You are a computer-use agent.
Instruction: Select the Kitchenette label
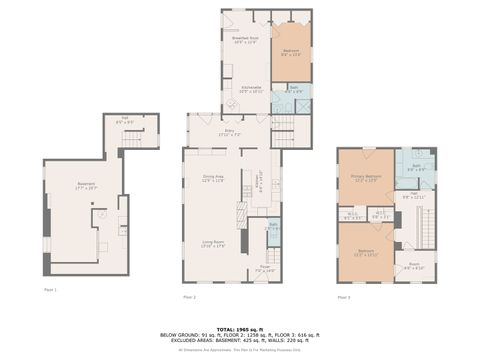tap(252, 89)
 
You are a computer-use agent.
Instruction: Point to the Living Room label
tap(212, 243)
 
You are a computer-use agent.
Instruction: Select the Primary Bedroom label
tap(364, 178)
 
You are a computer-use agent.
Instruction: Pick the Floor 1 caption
tap(50, 290)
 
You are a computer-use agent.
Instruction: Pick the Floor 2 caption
tap(189, 298)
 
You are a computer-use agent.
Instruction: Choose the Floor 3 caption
tap(343, 297)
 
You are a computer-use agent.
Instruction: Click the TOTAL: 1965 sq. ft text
tap(239, 328)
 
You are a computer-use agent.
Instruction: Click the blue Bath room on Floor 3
tap(414, 166)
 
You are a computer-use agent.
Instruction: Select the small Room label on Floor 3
tap(414, 267)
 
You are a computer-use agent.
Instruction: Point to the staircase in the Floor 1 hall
tap(145, 136)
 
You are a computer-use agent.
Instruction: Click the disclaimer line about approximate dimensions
tap(239, 351)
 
